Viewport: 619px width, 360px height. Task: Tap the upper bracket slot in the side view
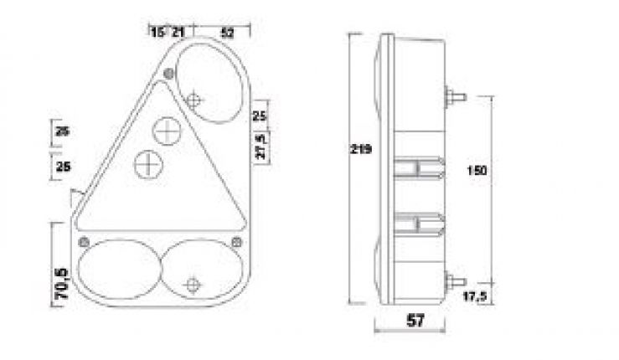[x=419, y=170]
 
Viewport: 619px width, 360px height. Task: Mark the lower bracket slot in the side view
[x=419, y=222]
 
